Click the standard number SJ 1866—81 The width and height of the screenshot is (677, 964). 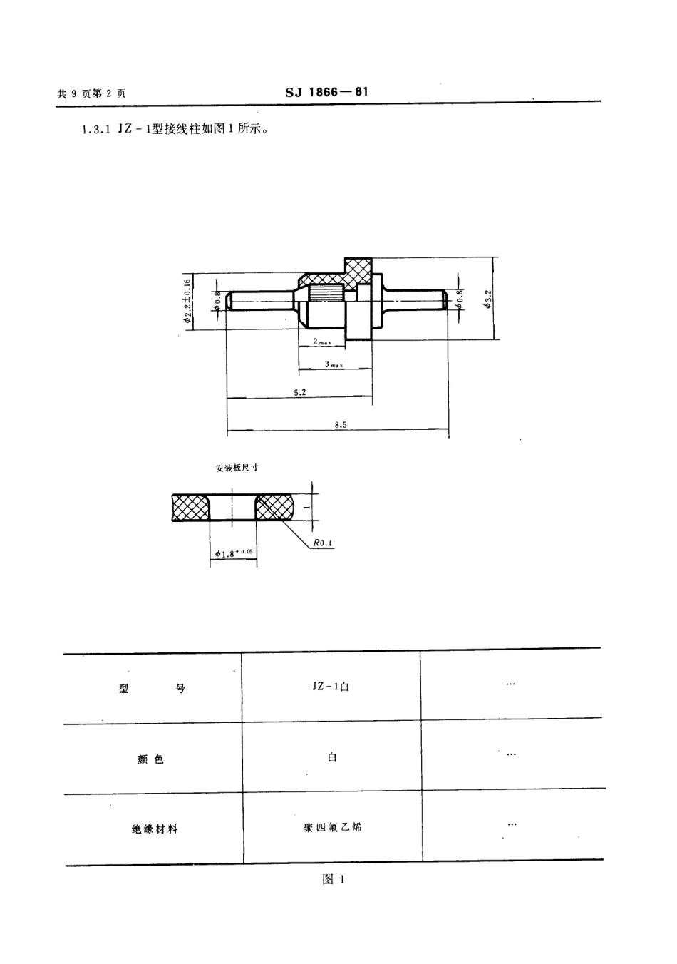pos(327,92)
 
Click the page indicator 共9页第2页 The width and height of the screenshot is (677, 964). pos(91,93)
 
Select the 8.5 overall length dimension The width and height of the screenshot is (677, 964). pos(340,425)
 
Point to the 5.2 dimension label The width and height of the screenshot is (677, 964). pos(299,392)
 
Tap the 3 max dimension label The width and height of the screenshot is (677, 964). pos(334,364)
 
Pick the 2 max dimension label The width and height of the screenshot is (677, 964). pos(321,342)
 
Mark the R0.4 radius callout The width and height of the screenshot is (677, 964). pos(322,543)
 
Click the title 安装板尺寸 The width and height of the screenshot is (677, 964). pos(237,468)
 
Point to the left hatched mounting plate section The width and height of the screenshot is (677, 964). pos(190,507)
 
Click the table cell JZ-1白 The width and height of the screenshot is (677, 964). pos(331,687)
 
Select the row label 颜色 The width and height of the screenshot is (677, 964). pos(150,759)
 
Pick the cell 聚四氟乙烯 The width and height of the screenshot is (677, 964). pos(332,827)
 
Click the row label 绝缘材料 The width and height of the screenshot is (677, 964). pos(155,829)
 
